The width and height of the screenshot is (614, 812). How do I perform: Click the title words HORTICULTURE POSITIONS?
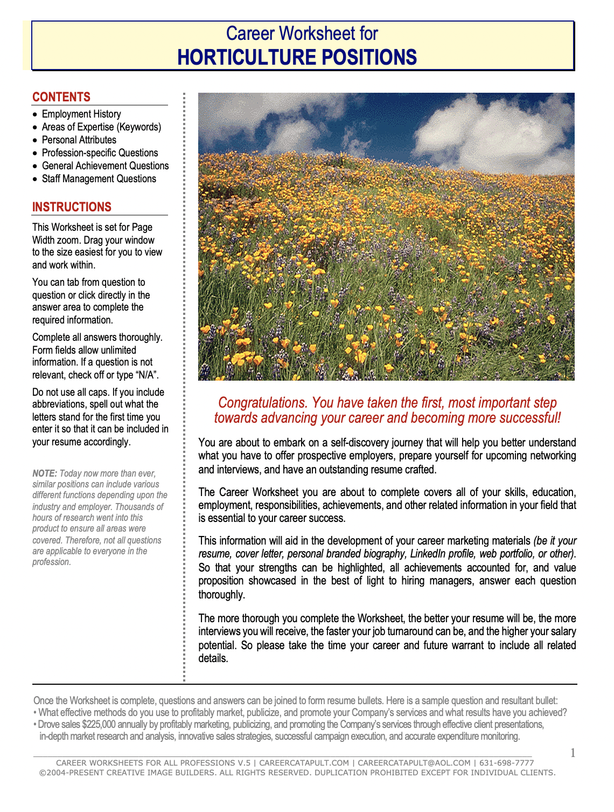coord(297,57)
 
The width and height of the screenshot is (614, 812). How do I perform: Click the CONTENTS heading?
coord(61,97)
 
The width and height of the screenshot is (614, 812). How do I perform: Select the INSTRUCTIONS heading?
coord(72,207)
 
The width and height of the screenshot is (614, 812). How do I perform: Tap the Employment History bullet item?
coord(81,114)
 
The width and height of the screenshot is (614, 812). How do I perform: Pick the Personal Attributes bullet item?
coord(79,140)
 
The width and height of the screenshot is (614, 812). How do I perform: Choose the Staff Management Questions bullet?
coord(99,178)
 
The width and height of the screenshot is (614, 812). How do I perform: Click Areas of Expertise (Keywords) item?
coord(101,127)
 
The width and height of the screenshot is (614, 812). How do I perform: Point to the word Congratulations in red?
coord(262,403)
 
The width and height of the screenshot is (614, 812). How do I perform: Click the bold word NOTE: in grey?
coord(44,473)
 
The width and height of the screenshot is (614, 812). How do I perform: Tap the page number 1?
coord(573,753)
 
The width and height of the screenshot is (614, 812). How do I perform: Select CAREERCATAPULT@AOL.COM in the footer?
coord(414,763)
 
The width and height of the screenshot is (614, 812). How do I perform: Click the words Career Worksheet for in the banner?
coord(302,33)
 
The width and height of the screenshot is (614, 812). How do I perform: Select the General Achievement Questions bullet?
coord(105,166)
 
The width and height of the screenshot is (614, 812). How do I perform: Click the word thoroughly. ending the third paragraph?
coord(221,594)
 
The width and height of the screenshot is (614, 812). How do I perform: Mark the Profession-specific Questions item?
coord(100,153)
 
